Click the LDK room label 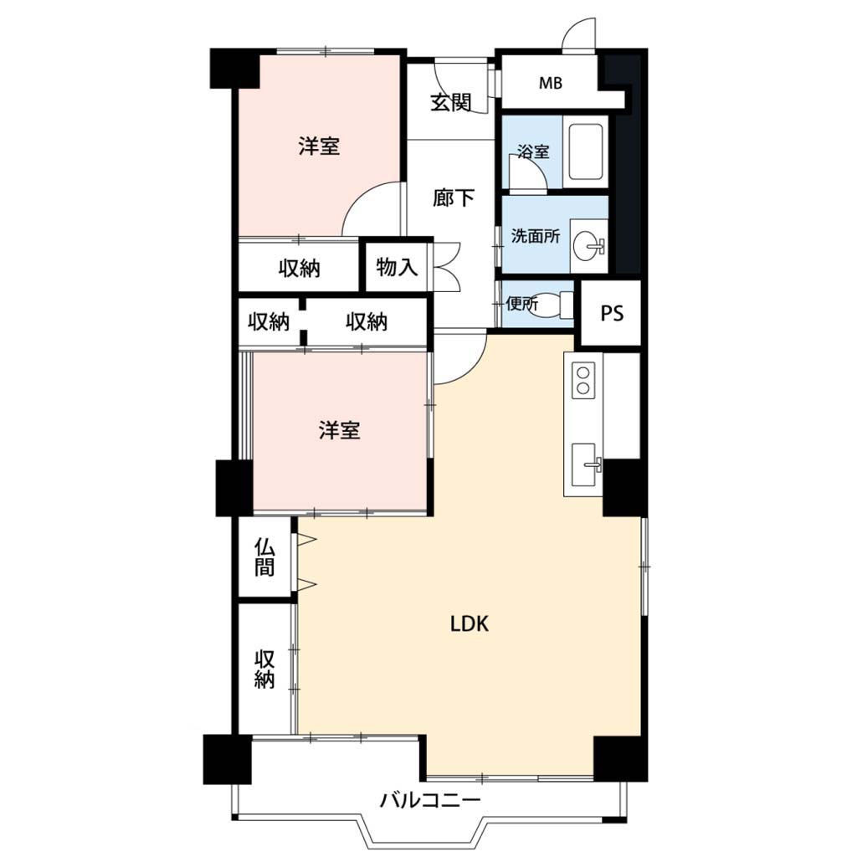(469, 623)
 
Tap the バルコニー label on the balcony (430, 801)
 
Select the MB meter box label (551, 83)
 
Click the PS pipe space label (612, 313)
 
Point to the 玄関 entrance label (451, 102)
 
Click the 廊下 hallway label (453, 198)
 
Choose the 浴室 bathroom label (533, 151)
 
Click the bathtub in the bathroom (586, 151)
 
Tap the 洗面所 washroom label (536, 236)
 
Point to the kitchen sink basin (583, 464)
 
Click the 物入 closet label (397, 267)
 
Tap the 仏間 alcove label (264, 557)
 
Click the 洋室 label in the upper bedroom (319, 146)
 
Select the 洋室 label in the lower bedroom (340, 430)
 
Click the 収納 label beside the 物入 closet (299, 269)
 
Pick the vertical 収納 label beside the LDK (264, 669)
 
